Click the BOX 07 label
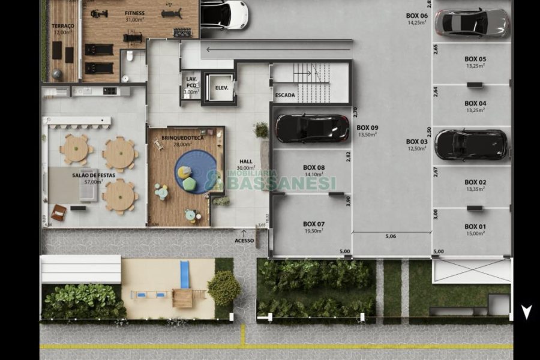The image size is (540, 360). tap(314, 224)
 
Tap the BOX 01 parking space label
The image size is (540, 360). tap(475, 226)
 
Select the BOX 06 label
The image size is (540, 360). tap(416, 16)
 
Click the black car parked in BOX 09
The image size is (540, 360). tap(312, 128)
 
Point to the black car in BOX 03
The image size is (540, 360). tap(471, 145)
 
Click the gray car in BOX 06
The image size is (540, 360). tap(472, 23)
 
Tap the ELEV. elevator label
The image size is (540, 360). tap(223, 88)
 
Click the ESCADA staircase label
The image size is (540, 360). tap(285, 95)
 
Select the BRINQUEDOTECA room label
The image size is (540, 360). tap(182, 137)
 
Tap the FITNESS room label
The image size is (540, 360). tap(134, 13)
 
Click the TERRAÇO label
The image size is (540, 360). tap(63, 26)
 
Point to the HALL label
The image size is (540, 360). tap(246, 161)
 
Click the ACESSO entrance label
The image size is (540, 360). tap(244, 241)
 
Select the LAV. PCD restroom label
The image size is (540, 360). tap(191, 82)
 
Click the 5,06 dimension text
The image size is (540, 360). tap(391, 236)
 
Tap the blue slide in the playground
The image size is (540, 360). tap(185, 274)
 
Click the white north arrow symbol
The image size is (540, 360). tap(526, 312)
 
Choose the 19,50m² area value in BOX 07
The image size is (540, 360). tap(314, 230)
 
